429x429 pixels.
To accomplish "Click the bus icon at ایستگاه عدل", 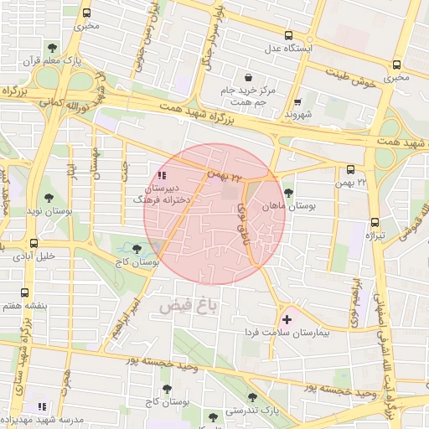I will tap(289, 36).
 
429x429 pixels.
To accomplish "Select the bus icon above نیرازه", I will tap(375, 223).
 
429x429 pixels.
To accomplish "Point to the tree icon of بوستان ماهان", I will tap(288, 194).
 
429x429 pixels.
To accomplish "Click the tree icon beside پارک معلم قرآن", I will tap(54, 48).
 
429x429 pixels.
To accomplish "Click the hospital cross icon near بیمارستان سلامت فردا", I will tap(287, 319).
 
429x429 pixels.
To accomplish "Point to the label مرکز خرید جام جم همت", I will tap(248, 95).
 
